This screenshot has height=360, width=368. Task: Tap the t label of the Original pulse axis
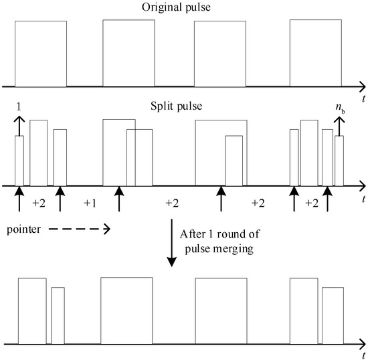[362, 98]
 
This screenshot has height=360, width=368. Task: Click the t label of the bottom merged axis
[362, 355]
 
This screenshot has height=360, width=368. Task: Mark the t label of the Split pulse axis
[362, 199]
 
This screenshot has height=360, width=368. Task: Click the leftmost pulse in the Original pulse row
[41, 54]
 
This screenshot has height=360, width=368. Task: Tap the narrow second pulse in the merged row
[58, 316]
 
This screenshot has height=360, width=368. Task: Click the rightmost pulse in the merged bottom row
[333, 316]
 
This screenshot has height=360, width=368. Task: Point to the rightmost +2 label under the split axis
[310, 203]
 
